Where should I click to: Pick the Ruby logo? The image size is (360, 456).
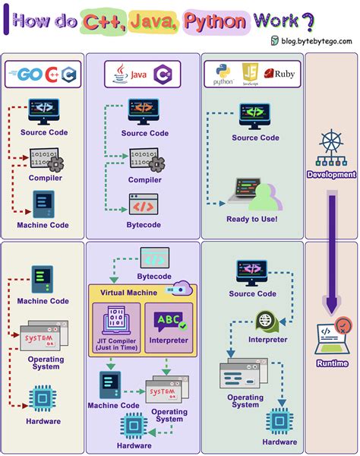[x=283, y=74]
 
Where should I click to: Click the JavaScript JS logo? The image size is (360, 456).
[x=250, y=74]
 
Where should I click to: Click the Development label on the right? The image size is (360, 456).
[x=331, y=174]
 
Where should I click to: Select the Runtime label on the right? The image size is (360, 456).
[x=332, y=363]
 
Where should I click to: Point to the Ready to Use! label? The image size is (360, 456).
[x=251, y=220]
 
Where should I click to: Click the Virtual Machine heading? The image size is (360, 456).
[x=123, y=292]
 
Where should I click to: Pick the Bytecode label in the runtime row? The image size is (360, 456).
[x=154, y=276]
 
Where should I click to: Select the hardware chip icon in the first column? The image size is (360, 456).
[x=42, y=398]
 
